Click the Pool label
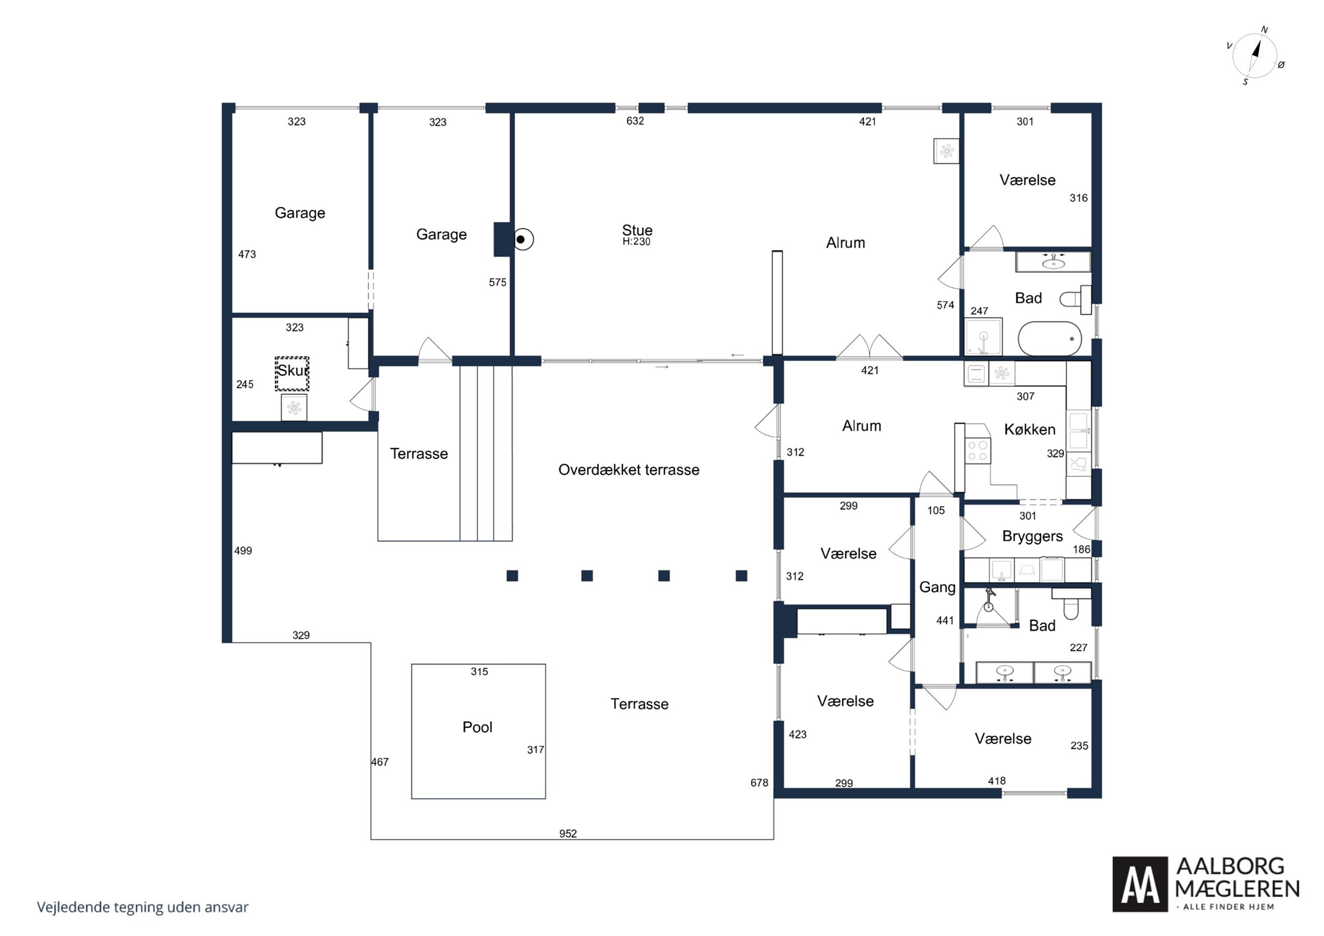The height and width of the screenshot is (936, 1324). [478, 727]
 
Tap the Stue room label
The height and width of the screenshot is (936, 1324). [637, 230]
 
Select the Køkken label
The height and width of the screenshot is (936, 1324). [1030, 430]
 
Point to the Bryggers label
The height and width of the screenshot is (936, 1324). [1032, 537]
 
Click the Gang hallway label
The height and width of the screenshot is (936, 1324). [937, 588]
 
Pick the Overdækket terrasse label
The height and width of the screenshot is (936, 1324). [628, 470]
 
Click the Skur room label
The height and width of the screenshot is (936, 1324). [293, 370]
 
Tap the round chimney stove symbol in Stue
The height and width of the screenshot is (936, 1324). [522, 239]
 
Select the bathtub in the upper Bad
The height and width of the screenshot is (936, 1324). [1050, 339]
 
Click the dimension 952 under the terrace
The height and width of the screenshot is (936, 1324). [568, 833]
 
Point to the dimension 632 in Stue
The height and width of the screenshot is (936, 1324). [635, 121]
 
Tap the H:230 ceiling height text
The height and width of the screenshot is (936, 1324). [636, 242]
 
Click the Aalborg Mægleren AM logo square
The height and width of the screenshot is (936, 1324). [1140, 884]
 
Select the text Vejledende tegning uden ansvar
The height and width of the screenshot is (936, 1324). [143, 907]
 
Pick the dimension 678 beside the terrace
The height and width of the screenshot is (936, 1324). [759, 783]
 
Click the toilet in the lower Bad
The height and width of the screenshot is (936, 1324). [1071, 604]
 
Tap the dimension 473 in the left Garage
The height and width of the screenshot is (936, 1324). [247, 254]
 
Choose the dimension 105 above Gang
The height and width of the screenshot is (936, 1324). [936, 510]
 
